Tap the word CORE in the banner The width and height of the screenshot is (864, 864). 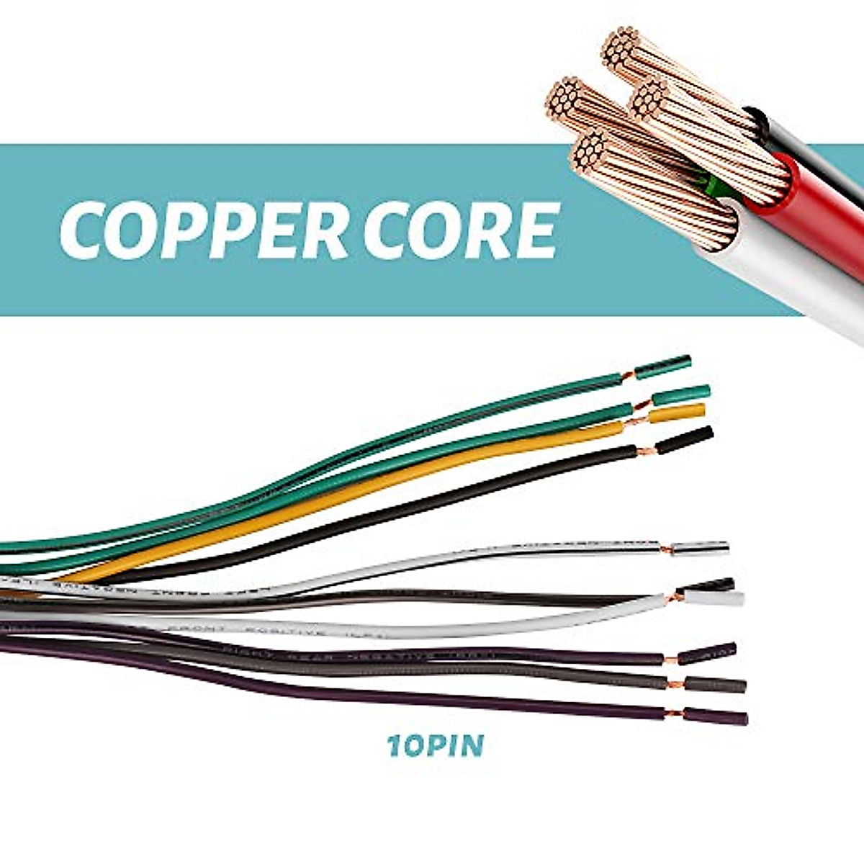461,230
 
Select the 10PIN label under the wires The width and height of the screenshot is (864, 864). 436,746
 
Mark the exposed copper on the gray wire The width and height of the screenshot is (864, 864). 674,683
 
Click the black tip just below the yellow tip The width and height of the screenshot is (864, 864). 684,440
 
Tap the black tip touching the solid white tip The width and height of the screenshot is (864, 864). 713,584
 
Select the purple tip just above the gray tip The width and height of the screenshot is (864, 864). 706,652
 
